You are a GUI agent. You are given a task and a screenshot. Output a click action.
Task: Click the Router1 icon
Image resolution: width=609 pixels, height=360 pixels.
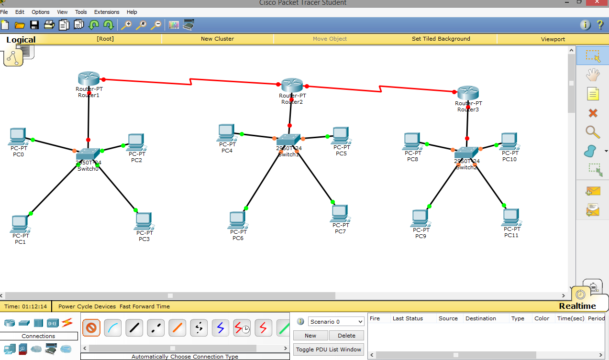point(89,78)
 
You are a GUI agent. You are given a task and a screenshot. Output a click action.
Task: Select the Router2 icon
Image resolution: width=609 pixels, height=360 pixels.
point(292,85)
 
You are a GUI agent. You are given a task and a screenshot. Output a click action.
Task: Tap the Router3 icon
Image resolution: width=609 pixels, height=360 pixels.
point(467,93)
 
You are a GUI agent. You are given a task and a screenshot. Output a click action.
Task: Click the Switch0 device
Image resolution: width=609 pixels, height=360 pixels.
point(88,153)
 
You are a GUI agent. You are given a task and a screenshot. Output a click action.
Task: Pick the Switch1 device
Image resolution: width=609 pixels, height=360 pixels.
point(288,140)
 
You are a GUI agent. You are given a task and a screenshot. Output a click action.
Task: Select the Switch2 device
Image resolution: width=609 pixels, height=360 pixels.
point(466,153)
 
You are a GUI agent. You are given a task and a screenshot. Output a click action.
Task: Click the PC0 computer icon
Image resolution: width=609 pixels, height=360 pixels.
point(18,137)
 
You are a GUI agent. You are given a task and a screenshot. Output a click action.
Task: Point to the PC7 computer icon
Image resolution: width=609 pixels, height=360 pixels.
point(340,213)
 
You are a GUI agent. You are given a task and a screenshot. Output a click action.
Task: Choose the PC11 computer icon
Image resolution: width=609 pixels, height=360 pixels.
point(511,218)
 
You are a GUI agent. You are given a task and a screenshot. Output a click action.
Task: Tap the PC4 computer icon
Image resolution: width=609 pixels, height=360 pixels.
point(227,132)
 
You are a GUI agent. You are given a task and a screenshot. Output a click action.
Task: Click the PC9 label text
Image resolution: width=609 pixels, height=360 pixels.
point(421,236)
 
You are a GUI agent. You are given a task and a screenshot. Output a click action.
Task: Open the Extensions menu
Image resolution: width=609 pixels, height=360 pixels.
point(107,12)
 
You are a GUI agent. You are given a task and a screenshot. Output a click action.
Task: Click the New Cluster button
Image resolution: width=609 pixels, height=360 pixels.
point(217,39)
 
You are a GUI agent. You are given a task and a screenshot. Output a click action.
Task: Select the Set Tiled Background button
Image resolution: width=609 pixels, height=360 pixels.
point(441,39)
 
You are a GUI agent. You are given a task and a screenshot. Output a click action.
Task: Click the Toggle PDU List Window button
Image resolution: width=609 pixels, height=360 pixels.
point(329,349)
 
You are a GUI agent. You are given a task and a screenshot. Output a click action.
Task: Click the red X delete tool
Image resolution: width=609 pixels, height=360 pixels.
point(593,113)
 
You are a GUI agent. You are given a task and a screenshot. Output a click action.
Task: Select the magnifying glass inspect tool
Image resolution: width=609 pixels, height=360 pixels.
point(593,132)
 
